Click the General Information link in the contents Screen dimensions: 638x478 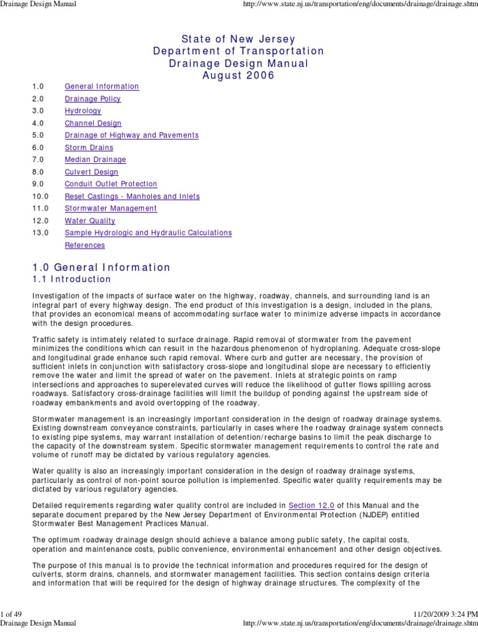click(101, 87)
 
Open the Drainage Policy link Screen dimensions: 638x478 click(93, 99)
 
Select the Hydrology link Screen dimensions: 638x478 click(83, 111)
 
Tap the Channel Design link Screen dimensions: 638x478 click(93, 123)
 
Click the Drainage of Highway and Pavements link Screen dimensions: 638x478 click(131, 135)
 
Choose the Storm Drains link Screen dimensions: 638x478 click(89, 148)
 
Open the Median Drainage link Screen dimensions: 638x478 click(95, 159)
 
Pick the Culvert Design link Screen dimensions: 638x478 click(91, 172)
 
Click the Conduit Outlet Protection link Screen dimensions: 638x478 click(111, 184)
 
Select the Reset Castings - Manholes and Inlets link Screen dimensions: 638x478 click(132, 196)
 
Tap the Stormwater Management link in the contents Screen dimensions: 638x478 click(111, 208)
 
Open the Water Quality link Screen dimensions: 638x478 click(90, 221)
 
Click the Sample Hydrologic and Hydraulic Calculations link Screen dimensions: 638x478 click(148, 232)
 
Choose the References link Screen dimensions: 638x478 click(85, 245)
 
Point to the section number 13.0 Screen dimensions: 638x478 click(40, 232)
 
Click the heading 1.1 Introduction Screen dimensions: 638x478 click(72, 279)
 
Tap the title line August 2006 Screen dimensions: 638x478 click(238, 75)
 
